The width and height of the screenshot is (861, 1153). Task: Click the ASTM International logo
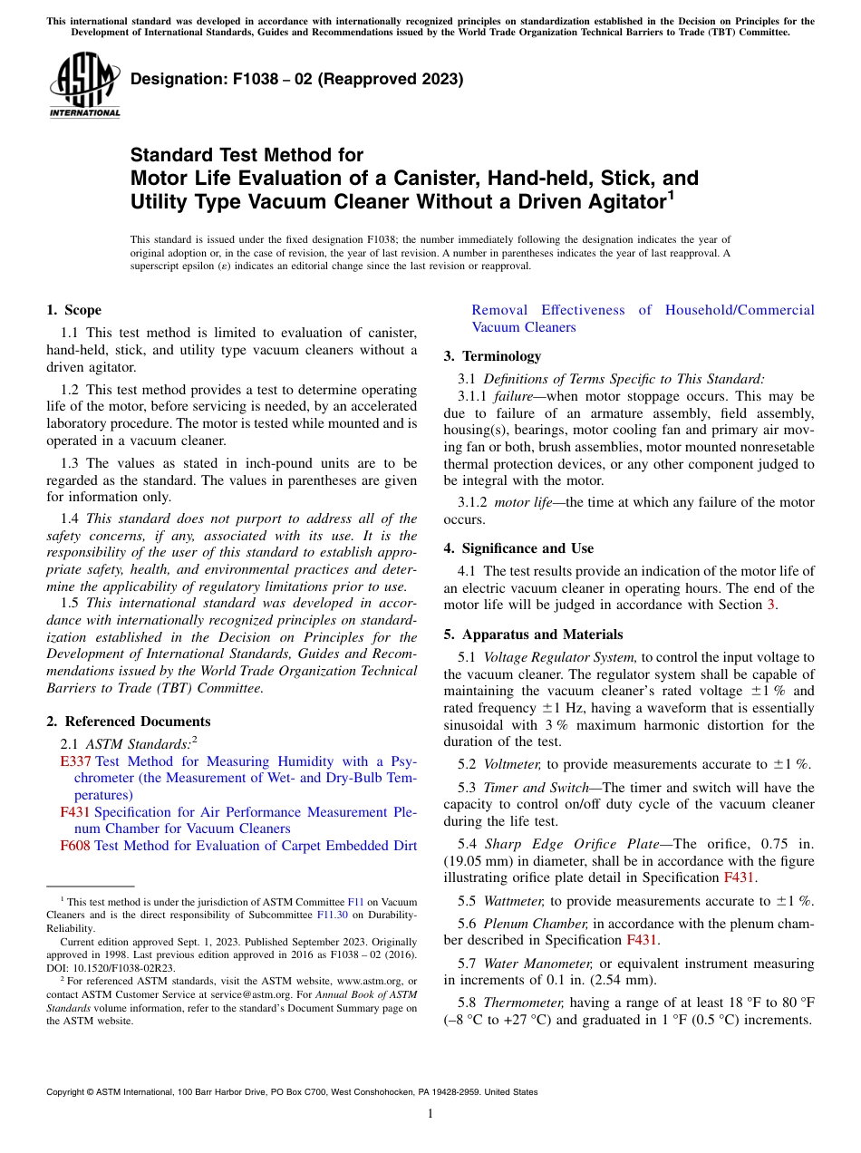click(83, 85)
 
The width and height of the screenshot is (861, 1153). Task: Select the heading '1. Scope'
click(74, 310)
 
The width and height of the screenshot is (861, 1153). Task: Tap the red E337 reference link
click(76, 761)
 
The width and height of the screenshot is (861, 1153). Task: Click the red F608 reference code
click(75, 846)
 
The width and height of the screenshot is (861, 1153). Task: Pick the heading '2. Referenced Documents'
click(128, 722)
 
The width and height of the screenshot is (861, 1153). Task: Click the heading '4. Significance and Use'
click(518, 548)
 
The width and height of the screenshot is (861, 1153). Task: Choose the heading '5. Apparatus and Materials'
click(533, 635)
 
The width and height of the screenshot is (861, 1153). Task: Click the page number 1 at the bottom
click(430, 1114)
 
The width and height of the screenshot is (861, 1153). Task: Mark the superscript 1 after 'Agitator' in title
click(671, 195)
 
